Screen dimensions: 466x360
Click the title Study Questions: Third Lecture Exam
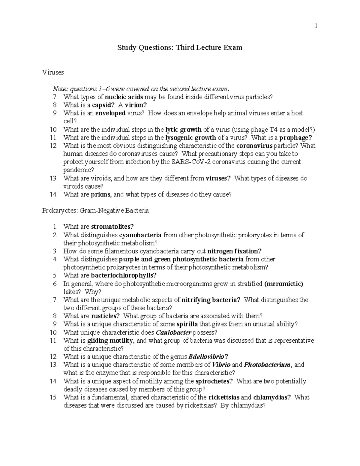(x=180, y=48)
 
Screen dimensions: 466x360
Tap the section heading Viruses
(x=53, y=72)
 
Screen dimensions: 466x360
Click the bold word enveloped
(x=110, y=113)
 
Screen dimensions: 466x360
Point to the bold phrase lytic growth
(x=183, y=130)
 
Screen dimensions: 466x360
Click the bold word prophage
(x=295, y=138)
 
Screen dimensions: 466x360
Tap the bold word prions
(x=101, y=194)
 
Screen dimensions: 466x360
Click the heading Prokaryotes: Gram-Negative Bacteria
(x=95, y=210)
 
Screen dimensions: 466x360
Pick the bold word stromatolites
(x=112, y=227)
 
